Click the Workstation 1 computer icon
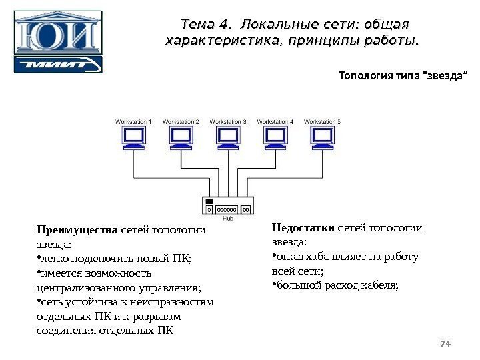click(x=134, y=138)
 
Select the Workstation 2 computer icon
click(x=180, y=138)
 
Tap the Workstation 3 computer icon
click(x=228, y=138)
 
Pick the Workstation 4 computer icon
click(x=275, y=138)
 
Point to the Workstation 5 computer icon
click(x=323, y=138)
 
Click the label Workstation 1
click(x=134, y=122)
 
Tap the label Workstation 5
click(x=323, y=122)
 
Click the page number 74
click(x=447, y=344)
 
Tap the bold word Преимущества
click(x=75, y=231)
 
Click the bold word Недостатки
click(x=303, y=229)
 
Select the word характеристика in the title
click(x=219, y=41)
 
